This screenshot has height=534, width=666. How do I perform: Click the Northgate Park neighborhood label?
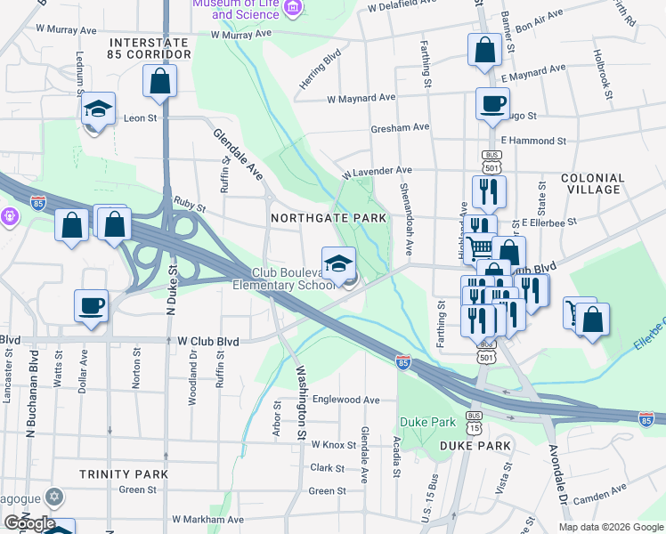point(329,218)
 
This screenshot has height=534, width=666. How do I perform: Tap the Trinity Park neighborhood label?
point(123,474)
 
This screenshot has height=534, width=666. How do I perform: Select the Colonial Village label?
point(591,184)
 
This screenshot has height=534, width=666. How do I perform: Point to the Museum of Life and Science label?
point(246,9)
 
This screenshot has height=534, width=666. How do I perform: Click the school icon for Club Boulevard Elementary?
point(338,263)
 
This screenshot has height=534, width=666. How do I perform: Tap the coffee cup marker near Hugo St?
point(491,104)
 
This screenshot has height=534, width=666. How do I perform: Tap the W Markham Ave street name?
point(208,519)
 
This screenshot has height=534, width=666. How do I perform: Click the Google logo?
point(30,523)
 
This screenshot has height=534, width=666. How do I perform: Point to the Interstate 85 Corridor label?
point(149,48)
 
